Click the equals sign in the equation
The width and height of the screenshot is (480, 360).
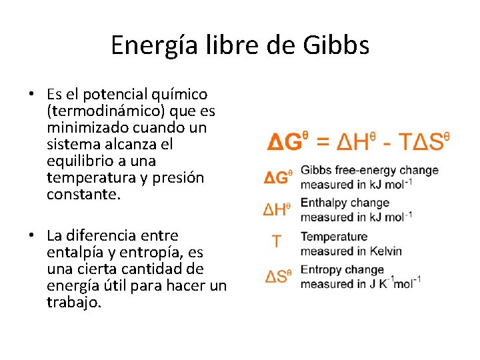[322, 142]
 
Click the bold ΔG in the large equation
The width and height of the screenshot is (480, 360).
[285, 142]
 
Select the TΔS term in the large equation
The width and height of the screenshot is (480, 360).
[427, 142]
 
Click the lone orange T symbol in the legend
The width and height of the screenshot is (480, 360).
[277, 242]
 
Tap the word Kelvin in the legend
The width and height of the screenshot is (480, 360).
[384, 251]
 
